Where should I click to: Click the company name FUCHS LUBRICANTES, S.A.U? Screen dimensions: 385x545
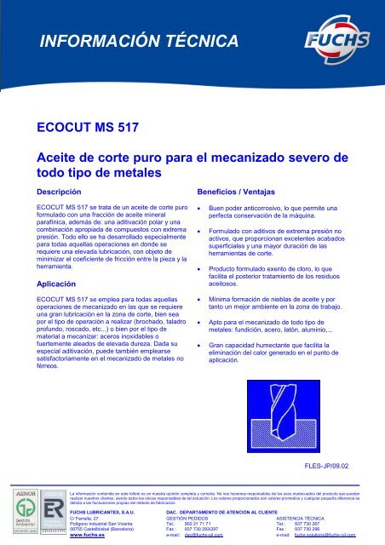[x=101, y=510]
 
